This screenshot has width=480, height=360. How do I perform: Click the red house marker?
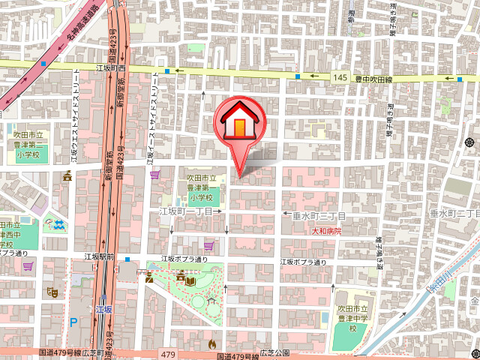click(238, 120)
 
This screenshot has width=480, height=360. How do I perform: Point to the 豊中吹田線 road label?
click(374, 78)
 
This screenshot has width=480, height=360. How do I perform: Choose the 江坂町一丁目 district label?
click(188, 213)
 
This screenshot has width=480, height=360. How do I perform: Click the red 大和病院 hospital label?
click(327, 232)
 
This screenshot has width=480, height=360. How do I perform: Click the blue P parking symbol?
click(73, 322)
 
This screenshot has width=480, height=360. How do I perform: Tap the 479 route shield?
click(167, 352)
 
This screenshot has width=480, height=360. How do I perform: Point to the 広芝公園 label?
click(274, 352)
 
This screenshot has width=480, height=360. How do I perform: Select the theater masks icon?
click(54, 290)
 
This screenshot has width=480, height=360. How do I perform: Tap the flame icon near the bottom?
click(211, 343)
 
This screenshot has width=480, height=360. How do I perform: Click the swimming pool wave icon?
click(58, 223)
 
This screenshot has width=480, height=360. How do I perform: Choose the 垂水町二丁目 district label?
click(454, 214)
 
